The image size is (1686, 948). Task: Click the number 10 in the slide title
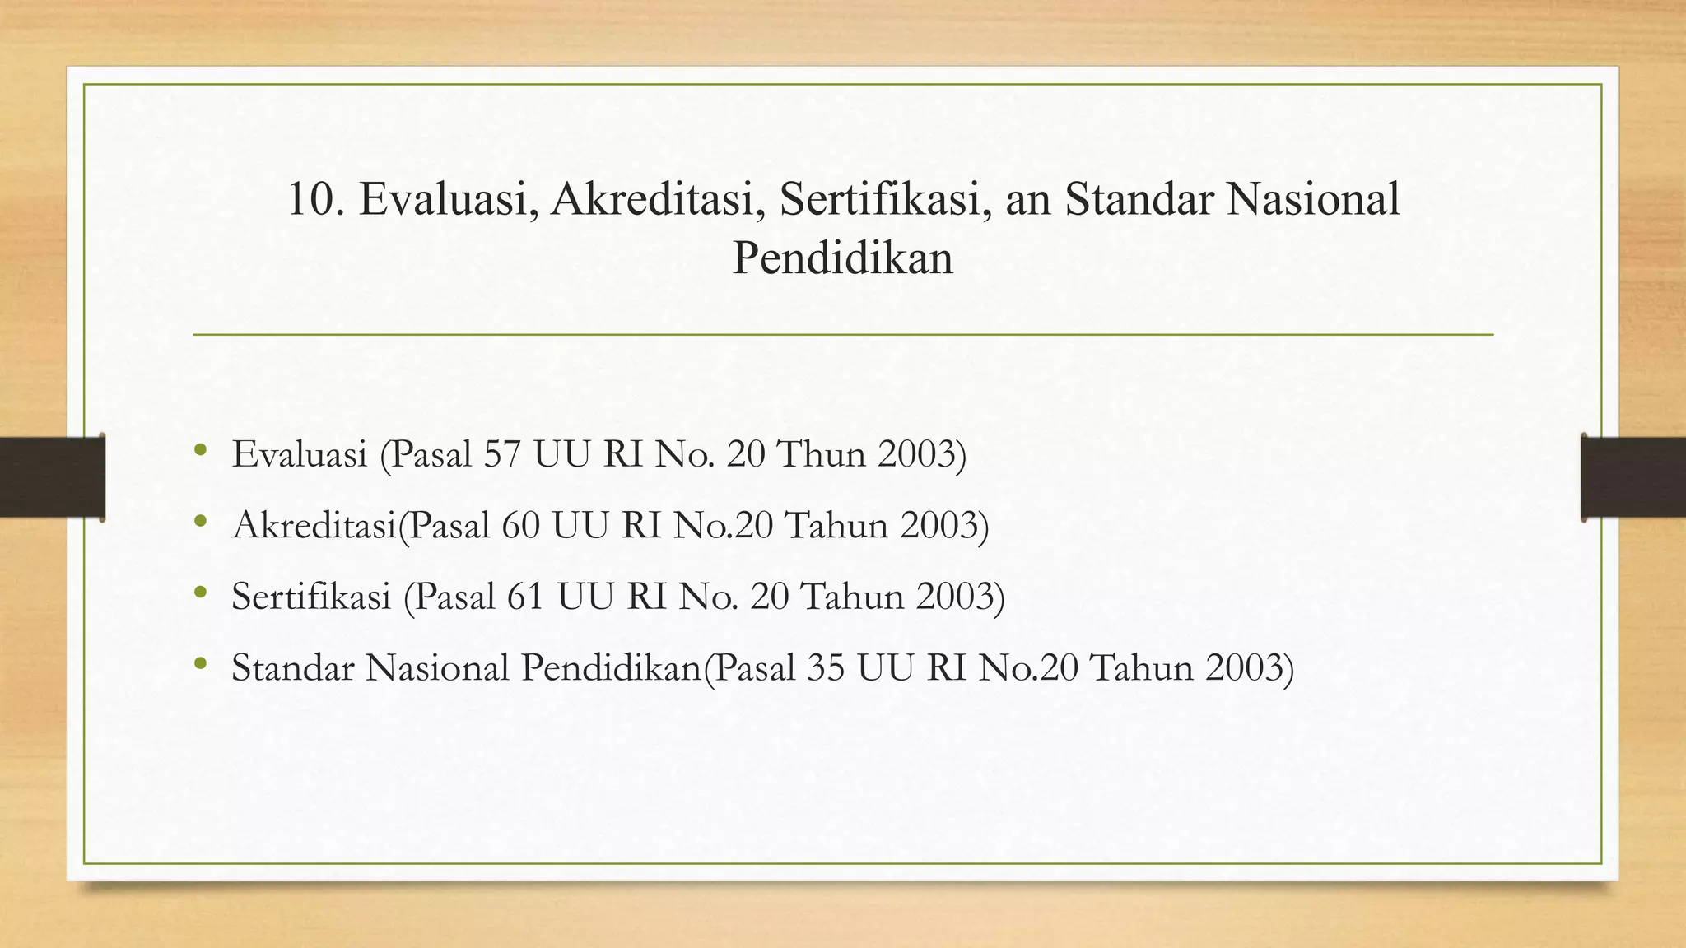point(309,200)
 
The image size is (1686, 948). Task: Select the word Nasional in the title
point(1313,200)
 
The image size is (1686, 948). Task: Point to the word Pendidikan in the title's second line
point(842,258)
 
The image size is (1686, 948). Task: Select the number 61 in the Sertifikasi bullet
point(525,597)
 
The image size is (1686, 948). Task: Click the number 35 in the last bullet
point(826,667)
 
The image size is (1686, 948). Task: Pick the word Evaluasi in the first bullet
point(300,454)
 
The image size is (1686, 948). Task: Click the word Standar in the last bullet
point(292,667)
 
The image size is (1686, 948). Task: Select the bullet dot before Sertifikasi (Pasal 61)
point(200,592)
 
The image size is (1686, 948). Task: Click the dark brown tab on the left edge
point(52,477)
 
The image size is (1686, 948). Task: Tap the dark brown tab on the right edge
point(1633,477)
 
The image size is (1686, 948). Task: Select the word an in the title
point(1028,200)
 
